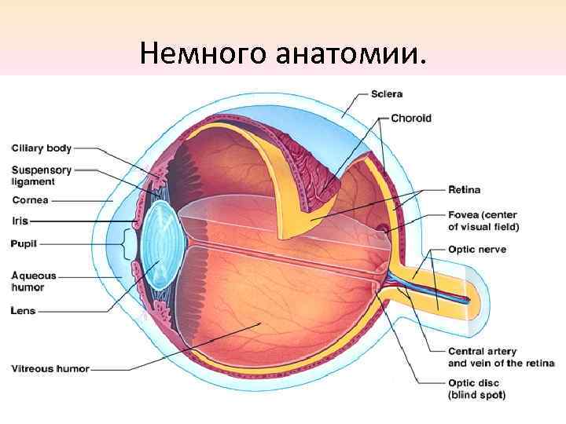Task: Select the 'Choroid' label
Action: point(411,119)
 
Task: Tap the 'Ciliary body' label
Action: point(42,148)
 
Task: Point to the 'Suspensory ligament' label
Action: point(42,176)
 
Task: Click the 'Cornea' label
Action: point(30,200)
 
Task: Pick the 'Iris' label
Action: point(20,221)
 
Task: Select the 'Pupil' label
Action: point(24,244)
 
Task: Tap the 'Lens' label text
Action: point(24,311)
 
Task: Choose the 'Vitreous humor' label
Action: point(50,368)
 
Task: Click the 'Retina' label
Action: point(464,190)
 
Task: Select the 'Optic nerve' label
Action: point(476,250)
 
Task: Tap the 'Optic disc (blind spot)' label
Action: point(476,389)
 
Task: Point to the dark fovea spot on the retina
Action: point(382,231)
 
